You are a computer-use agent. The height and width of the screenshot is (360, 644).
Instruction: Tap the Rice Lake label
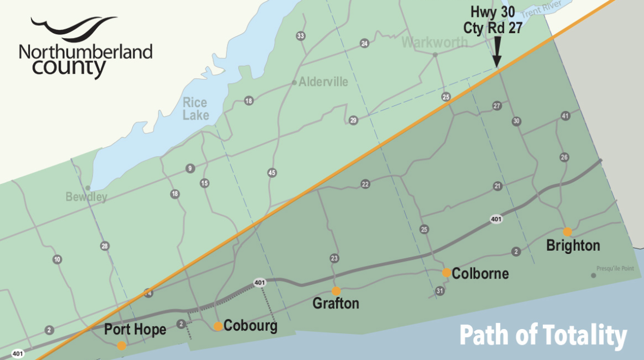coord(195,109)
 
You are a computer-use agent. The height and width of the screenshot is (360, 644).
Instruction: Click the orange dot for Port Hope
coord(121,345)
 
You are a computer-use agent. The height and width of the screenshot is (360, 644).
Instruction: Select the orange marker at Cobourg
coord(218,326)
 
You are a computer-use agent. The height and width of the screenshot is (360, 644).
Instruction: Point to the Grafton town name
coord(336,303)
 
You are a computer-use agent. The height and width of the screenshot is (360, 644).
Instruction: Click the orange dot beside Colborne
coord(446,272)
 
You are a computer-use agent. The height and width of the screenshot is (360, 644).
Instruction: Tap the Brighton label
coord(573,246)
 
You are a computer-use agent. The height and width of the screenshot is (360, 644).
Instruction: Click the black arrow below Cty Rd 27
coord(496,58)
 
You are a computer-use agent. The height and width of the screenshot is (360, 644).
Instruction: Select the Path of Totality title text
coord(543,336)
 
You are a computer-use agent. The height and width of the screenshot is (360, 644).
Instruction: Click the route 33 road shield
coord(300,36)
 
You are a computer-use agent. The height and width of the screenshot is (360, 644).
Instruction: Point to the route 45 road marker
coord(272,173)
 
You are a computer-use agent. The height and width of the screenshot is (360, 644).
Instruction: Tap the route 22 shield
coord(365,184)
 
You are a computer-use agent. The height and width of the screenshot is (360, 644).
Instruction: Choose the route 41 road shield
coord(565,116)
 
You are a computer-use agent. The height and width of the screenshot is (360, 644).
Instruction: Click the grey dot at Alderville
coord(294,83)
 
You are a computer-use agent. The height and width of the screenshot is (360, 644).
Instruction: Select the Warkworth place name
coord(435,42)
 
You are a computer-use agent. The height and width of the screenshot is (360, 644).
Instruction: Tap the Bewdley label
coord(86,197)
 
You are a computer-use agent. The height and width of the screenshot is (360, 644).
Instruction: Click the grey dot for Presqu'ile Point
coord(593,275)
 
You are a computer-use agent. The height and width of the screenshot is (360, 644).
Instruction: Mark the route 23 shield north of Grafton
coord(334,258)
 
